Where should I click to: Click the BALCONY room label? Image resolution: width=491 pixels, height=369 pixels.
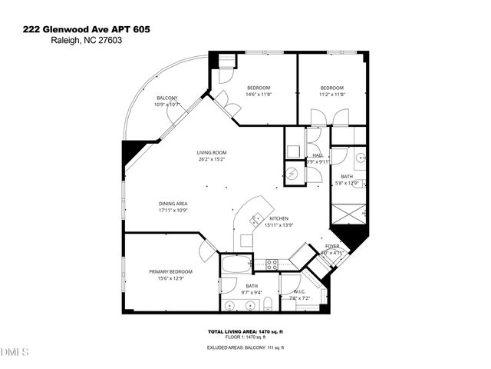click(167, 98)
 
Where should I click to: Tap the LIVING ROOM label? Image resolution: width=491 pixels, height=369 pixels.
click(210, 153)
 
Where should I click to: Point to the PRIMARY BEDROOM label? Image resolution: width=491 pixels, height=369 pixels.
click(170, 271)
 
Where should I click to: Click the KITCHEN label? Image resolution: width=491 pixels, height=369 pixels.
click(257, 218)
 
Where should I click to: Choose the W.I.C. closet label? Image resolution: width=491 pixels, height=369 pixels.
click(300, 291)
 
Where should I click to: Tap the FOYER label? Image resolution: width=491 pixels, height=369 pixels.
click(332, 246)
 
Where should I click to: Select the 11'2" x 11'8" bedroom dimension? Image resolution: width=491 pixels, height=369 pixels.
click(332, 95)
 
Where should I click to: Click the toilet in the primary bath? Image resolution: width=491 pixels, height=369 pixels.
click(265, 305)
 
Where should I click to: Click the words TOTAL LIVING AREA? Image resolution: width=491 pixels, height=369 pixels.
click(227, 331)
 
